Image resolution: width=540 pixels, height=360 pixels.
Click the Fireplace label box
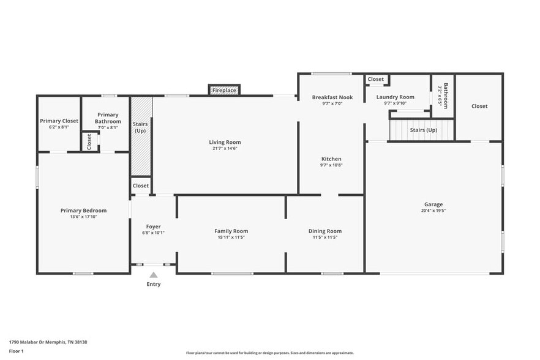pos(224,91)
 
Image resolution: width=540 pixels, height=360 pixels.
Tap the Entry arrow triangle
pos(153,276)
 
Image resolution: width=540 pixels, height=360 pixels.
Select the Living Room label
pos(225,142)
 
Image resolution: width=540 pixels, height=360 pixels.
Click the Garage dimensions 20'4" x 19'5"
pos(433,211)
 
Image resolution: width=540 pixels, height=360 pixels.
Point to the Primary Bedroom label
pos(83,211)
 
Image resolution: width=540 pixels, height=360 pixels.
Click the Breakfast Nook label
pos(332,97)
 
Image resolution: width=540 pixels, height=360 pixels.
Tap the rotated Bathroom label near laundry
pos(446,96)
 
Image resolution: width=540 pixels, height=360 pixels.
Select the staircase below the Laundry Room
pos(422,130)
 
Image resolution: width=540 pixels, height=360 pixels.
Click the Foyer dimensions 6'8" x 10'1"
pos(153,233)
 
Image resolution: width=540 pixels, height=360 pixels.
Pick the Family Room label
pos(231,231)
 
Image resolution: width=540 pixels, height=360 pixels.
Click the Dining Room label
pos(324,231)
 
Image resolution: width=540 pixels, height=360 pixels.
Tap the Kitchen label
pos(331,159)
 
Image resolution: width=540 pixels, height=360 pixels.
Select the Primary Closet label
pos(59,121)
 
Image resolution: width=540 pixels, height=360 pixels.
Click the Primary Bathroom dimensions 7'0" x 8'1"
pos(108,128)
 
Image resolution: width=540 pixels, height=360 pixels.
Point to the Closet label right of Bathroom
pos(479,106)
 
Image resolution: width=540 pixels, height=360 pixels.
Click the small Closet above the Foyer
pos(141,186)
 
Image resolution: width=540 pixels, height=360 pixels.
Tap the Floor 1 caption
pos(16,351)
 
